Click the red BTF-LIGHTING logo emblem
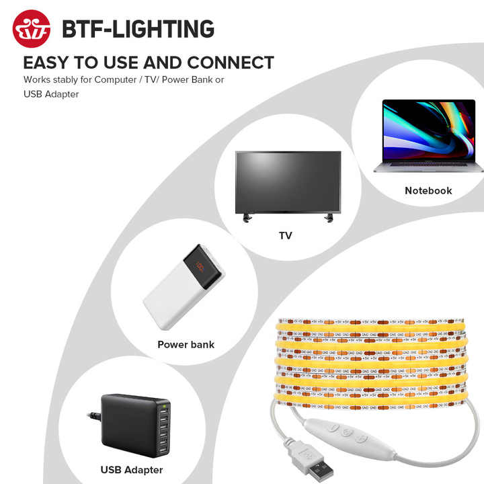pos(32,29)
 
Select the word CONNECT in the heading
pos(231,63)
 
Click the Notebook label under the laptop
pos(428,190)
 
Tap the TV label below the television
pos(286,235)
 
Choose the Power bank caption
pos(186,344)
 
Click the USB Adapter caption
pos(132,470)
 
